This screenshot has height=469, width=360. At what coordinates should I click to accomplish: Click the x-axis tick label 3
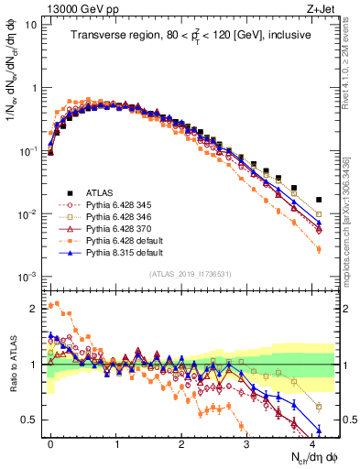[246, 442]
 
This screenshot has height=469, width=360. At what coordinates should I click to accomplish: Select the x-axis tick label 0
[50, 442]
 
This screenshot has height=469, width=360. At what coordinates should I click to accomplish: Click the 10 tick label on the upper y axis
[31, 25]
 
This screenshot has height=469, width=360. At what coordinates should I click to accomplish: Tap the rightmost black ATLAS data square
[318, 199]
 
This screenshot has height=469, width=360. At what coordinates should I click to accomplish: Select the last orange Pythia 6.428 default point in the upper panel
[318, 249]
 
